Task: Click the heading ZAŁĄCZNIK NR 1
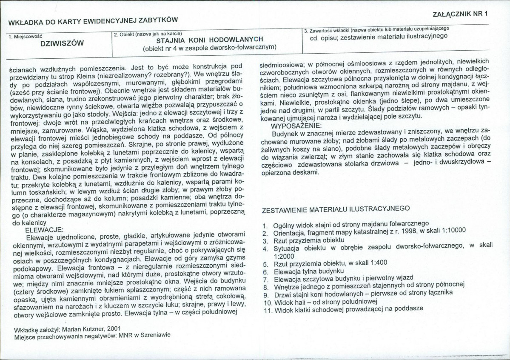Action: point(459,13)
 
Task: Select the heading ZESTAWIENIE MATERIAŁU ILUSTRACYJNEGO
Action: point(336,209)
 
